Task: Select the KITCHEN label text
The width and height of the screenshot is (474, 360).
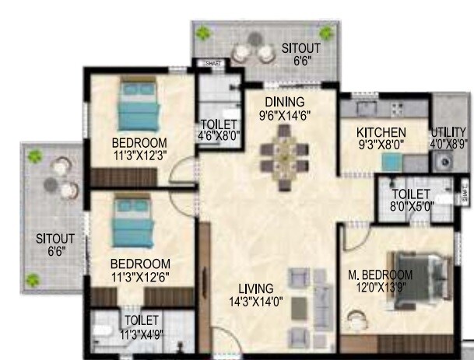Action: pyautogui.click(x=381, y=132)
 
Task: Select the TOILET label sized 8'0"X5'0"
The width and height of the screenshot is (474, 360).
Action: pyautogui.click(x=411, y=194)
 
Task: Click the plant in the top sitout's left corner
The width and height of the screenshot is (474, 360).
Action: pyautogui.click(x=204, y=33)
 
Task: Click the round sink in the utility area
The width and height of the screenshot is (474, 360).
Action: pyautogui.click(x=446, y=163)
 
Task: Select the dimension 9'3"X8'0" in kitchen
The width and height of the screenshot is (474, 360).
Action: pyautogui.click(x=381, y=144)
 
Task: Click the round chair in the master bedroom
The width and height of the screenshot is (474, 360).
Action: pyautogui.click(x=359, y=320)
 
